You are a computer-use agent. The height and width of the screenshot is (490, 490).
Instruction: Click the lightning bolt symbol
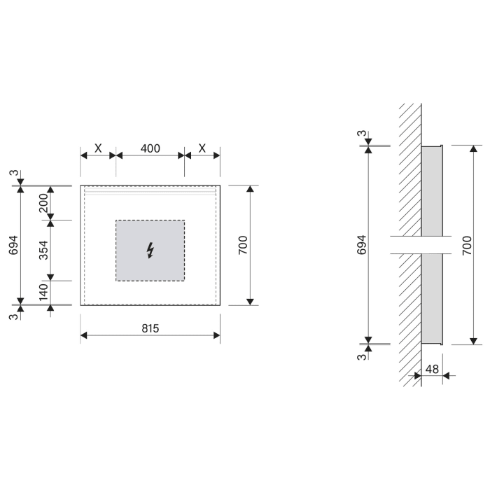(x=150, y=251)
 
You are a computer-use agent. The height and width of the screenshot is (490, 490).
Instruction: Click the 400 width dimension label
(x=150, y=148)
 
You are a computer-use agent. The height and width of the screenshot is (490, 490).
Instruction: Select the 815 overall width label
(x=150, y=328)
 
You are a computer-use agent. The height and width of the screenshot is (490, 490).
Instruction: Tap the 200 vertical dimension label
(x=43, y=203)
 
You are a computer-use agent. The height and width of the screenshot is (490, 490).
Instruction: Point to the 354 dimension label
(x=43, y=250)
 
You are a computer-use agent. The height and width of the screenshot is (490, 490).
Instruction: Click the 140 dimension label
(x=43, y=292)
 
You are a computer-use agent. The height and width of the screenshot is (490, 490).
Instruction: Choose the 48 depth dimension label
(x=432, y=370)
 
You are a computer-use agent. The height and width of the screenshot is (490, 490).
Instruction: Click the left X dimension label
(x=98, y=148)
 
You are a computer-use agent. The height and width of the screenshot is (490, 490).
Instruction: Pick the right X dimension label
(x=202, y=148)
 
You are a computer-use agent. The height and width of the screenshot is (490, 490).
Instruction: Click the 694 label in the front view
(x=13, y=245)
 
